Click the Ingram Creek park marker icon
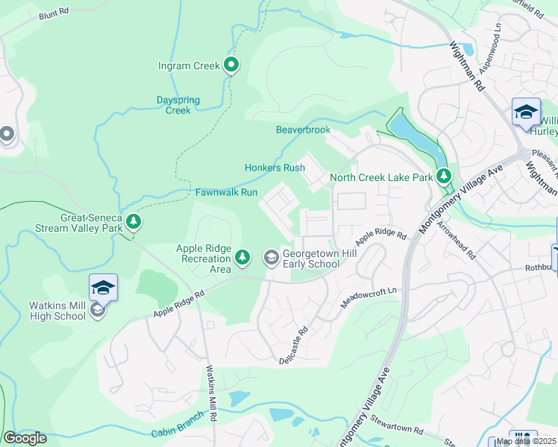pyautogui.click(x=231, y=66)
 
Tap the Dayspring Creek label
pyautogui.click(x=173, y=105)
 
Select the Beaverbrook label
pyautogui.click(x=303, y=130)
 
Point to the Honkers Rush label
pyautogui.click(x=275, y=168)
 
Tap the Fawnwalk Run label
pyautogui.click(x=226, y=192)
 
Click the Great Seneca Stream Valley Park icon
pyautogui.click(x=134, y=221)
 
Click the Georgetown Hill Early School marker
pyautogui.click(x=271, y=258)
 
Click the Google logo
pyautogui.click(x=25, y=438)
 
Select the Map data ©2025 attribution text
pyautogui.click(x=525, y=441)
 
